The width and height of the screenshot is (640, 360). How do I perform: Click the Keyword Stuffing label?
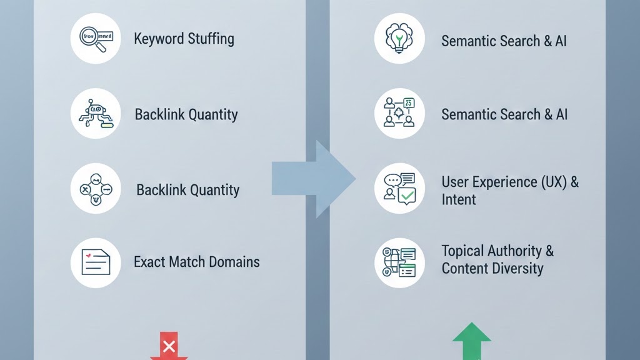(184, 39)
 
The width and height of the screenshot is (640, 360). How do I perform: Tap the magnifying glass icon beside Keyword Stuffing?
(95, 38)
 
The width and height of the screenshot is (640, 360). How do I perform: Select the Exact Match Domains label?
(196, 262)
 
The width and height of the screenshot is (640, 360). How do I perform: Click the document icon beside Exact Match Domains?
(95, 262)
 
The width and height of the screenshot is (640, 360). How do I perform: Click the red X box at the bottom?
(168, 346)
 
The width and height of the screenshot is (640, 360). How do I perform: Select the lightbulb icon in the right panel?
(399, 38)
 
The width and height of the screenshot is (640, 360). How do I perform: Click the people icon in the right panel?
(399, 113)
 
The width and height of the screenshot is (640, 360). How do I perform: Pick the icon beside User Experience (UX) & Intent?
(399, 188)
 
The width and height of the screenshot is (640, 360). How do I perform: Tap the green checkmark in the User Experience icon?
(407, 196)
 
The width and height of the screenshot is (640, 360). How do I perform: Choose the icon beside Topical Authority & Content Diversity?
(399, 262)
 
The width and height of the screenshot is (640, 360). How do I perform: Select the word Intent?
(458, 200)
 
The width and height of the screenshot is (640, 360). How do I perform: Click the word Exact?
(149, 262)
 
